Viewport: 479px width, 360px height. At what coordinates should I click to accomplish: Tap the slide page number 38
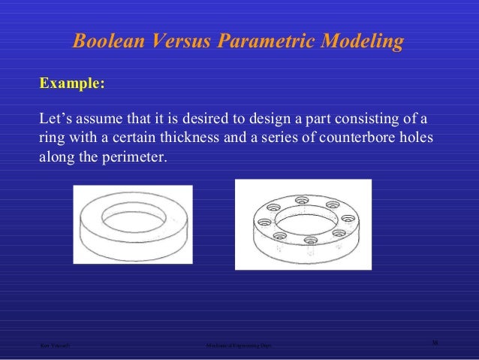point(435,342)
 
